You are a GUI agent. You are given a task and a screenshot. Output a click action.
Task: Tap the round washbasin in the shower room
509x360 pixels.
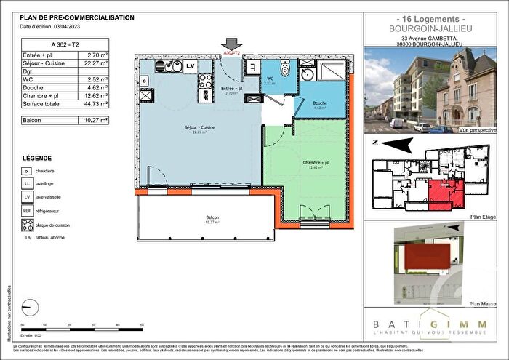(308, 74)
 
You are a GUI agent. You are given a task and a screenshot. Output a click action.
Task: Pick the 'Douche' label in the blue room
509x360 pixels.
(320, 103)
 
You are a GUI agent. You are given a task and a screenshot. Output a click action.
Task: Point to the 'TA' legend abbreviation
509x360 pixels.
(28, 237)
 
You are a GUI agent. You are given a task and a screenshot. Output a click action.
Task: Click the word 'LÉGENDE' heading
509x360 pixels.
(36, 157)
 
